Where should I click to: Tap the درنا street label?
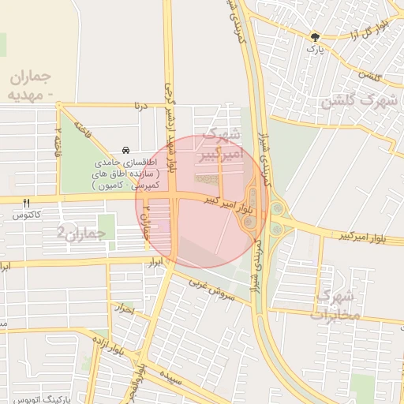[141, 104]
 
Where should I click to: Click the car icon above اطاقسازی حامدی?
[125, 150]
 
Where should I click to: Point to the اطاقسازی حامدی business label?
[125, 172]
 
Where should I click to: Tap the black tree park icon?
[316, 36]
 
